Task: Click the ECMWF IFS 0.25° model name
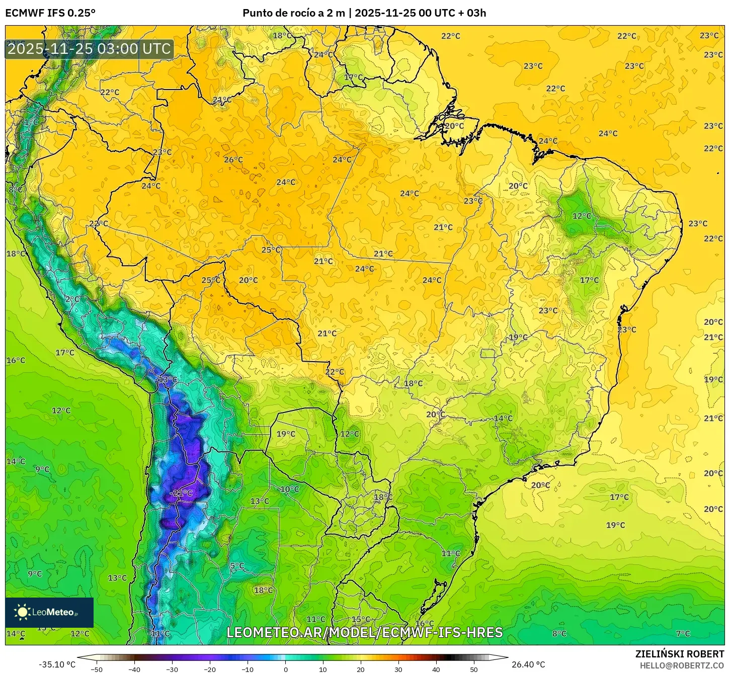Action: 50,13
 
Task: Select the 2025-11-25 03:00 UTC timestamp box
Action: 89,49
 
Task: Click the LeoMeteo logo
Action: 49,612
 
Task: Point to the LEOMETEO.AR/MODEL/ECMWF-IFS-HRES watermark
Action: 364,632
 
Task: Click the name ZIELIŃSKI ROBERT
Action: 679,654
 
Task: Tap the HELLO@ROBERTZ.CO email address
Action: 682,665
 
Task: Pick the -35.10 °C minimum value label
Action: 57,664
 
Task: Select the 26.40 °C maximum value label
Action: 528,664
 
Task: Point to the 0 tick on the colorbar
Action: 285,669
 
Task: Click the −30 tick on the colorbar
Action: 172,669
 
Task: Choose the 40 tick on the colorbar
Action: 436,669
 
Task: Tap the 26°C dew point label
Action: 233,160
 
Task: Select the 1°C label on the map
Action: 31,122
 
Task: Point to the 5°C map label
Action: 237,566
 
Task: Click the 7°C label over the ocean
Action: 683,634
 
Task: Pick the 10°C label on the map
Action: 289,489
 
